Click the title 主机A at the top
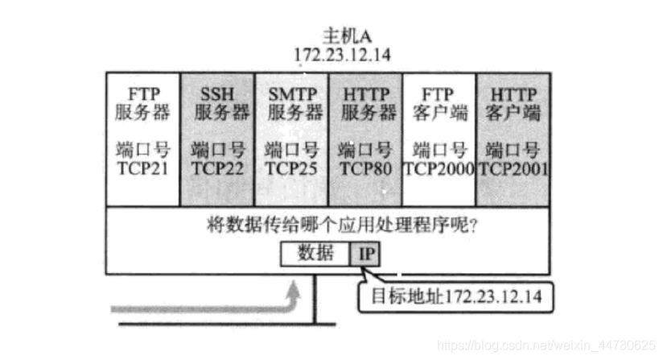pos(331,37)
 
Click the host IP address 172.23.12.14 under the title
pos(331,56)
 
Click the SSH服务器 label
pos(218,102)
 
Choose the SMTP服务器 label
pos(292,102)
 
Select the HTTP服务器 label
pos(366,102)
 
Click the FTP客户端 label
pos(439,102)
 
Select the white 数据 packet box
pos(315,254)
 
